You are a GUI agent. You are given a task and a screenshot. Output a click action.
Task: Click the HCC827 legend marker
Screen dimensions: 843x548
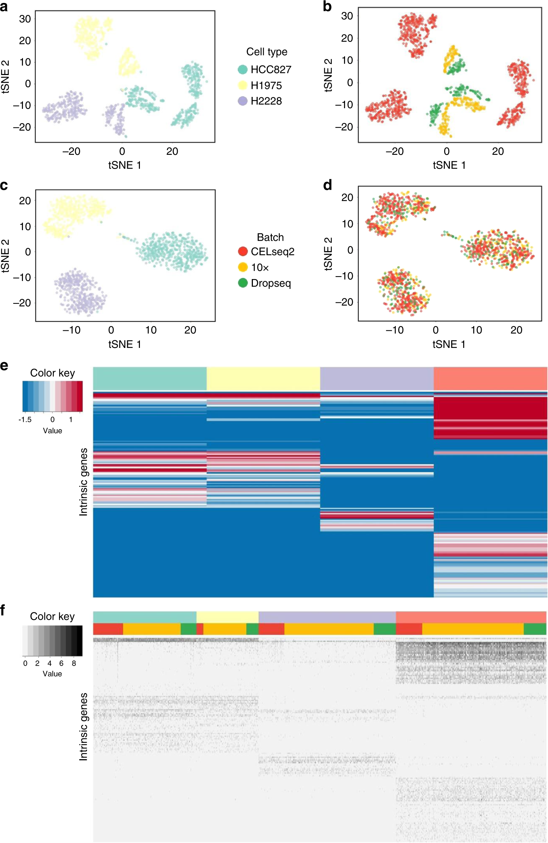pyautogui.click(x=243, y=70)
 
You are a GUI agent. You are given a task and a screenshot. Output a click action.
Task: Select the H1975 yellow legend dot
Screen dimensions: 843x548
pyautogui.click(x=243, y=85)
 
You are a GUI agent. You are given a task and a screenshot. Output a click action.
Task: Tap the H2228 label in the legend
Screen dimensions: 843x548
pyautogui.click(x=266, y=101)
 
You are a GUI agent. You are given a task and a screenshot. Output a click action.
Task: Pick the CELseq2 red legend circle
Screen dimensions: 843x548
pyautogui.click(x=243, y=251)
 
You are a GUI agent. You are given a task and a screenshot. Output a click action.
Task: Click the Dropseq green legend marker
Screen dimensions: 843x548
pyautogui.click(x=243, y=283)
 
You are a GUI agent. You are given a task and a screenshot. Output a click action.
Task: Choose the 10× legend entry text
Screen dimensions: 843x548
pyautogui.click(x=260, y=267)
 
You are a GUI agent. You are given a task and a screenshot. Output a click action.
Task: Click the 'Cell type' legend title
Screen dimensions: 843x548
pyautogui.click(x=267, y=52)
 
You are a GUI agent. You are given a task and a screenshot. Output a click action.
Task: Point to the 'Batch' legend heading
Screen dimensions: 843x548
pyautogui.click(x=270, y=237)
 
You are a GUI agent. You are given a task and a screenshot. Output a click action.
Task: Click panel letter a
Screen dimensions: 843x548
pyautogui.click(x=4, y=7)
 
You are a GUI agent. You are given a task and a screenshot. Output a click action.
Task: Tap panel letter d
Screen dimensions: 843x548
pyautogui.click(x=327, y=185)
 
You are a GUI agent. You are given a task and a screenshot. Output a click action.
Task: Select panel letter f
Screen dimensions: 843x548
pyautogui.click(x=3, y=609)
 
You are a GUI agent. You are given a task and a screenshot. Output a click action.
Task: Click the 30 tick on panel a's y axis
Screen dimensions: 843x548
pyautogui.click(x=25, y=19)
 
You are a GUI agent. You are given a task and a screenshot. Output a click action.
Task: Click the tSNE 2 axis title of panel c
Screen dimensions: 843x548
pyautogui.click(x=5, y=256)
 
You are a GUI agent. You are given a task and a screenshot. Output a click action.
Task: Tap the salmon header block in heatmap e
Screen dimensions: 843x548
pyautogui.click(x=490, y=378)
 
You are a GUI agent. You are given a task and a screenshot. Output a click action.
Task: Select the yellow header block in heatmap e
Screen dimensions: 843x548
pyautogui.click(x=263, y=378)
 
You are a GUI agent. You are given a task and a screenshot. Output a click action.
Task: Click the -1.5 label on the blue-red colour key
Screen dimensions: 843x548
pyautogui.click(x=25, y=419)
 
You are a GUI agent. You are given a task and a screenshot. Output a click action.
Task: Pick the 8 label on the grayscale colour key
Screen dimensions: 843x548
pyautogui.click(x=74, y=663)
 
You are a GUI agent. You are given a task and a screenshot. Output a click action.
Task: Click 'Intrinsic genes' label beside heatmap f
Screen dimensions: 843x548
pyautogui.click(x=83, y=726)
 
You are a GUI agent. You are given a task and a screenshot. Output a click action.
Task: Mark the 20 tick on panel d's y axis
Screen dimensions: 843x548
pyautogui.click(x=347, y=197)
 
